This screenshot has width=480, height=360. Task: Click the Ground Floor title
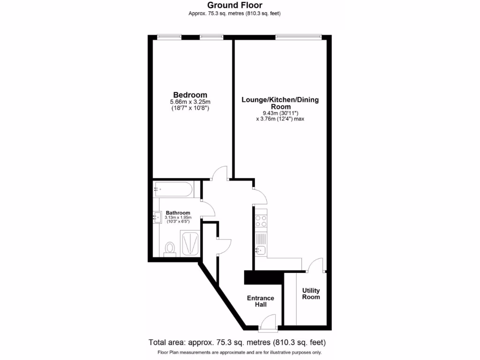pos(235,6)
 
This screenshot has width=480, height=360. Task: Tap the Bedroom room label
pos(190,95)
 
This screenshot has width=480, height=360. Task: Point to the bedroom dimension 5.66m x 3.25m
pos(190,102)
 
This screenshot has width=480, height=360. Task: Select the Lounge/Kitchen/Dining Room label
pos(280,103)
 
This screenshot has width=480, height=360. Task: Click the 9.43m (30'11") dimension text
pos(280,112)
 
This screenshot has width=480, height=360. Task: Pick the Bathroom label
pos(178,212)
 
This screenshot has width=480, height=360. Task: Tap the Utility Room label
pos(311,293)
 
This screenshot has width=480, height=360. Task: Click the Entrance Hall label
pos(261,301)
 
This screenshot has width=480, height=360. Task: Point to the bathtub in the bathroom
pos(172,189)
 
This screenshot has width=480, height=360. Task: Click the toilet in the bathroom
pos(170,248)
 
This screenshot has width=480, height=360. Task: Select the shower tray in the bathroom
pos(190,243)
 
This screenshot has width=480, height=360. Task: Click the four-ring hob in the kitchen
pos(260,220)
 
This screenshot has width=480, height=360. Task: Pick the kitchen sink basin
pos(261,250)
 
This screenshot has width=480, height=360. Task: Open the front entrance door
pos(269,322)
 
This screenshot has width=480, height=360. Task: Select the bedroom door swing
pos(219,173)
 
